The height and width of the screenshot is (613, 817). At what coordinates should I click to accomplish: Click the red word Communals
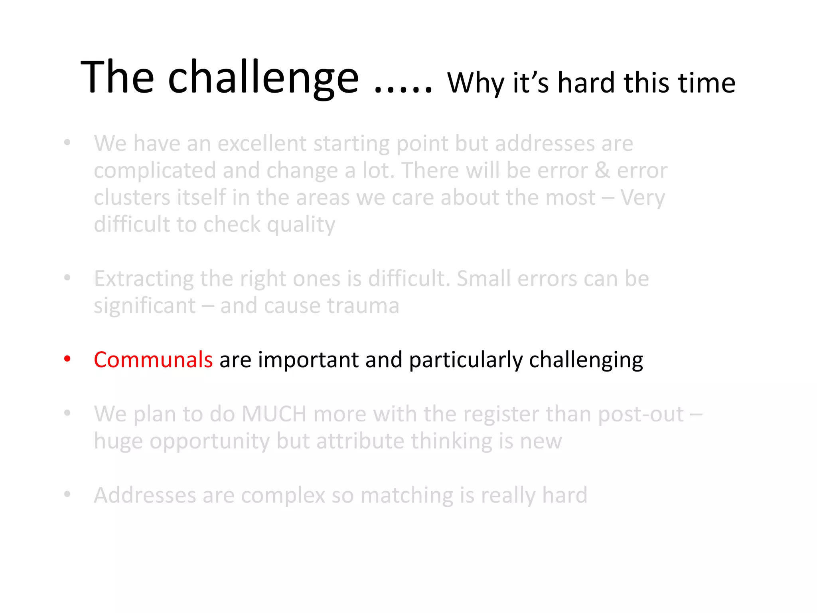click(153, 360)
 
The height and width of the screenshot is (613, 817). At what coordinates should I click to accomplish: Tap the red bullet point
click(67, 359)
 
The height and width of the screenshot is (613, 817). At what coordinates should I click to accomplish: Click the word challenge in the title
click(263, 78)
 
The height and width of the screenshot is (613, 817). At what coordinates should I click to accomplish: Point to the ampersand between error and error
click(602, 170)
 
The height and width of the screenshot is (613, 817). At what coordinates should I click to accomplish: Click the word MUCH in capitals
click(274, 414)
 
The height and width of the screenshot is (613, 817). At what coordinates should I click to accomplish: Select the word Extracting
click(144, 279)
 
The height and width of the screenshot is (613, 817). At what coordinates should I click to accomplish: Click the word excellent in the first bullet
click(262, 143)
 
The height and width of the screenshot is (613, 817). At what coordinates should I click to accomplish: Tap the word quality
click(301, 225)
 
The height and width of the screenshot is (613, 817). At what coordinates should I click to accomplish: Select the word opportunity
click(210, 442)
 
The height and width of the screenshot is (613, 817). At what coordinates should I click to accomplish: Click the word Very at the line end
click(642, 198)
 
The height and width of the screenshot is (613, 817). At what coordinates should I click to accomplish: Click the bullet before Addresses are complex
click(67, 494)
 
